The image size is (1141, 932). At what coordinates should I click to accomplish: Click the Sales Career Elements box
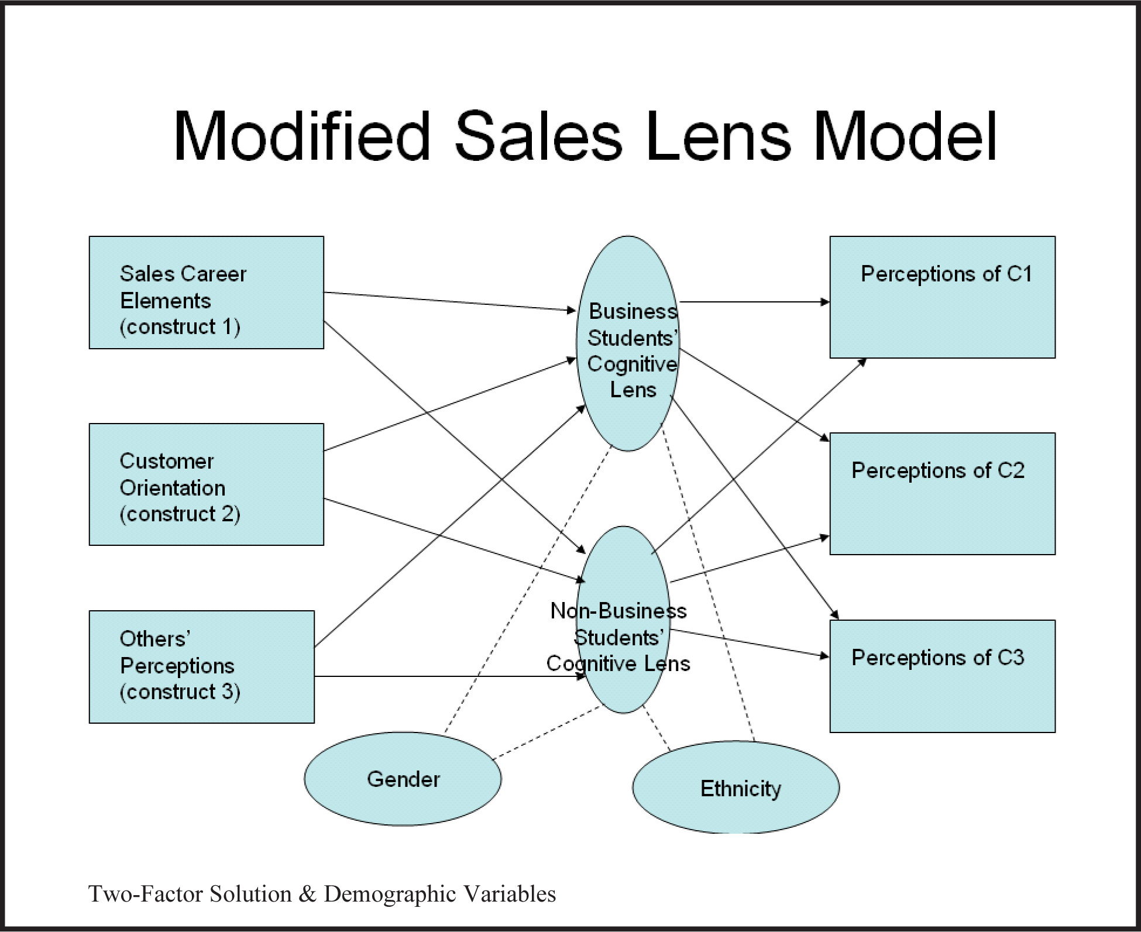pyautogui.click(x=206, y=293)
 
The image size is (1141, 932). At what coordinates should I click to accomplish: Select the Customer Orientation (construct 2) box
pyautogui.click(x=206, y=484)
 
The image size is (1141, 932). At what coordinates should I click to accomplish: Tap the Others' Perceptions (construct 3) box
pyautogui.click(x=201, y=667)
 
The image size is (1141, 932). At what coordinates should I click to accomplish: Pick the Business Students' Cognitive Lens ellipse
pyautogui.click(x=628, y=343)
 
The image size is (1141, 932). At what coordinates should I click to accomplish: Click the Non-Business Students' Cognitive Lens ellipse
pyautogui.click(x=623, y=620)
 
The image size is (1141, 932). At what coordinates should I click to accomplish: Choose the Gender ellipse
pyautogui.click(x=403, y=779)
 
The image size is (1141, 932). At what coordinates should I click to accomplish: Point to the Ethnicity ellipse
pyautogui.click(x=736, y=787)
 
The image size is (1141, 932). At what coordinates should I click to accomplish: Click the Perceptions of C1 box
pyautogui.click(x=942, y=297)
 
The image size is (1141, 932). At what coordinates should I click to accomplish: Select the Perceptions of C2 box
pyautogui.click(x=942, y=494)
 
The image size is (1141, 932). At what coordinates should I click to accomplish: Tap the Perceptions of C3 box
pyautogui.click(x=942, y=676)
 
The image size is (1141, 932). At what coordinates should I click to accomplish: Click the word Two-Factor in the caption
pyautogui.click(x=146, y=894)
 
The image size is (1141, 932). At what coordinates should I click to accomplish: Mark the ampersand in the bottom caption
pyautogui.click(x=307, y=894)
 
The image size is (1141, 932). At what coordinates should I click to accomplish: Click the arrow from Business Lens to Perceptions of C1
pyautogui.click(x=755, y=302)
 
